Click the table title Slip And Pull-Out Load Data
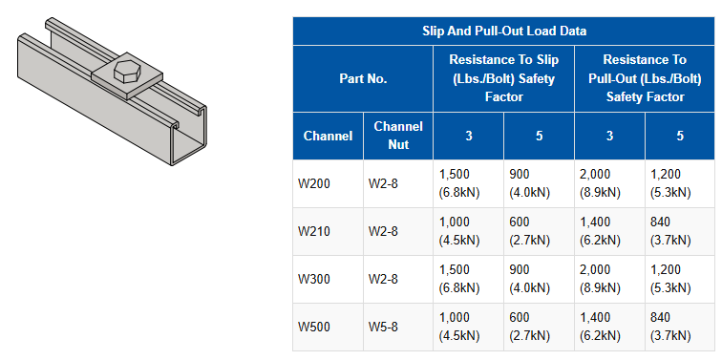[x=504, y=32]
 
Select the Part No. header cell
[x=363, y=78]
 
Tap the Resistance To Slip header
[x=503, y=78]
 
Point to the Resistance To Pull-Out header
[x=645, y=78]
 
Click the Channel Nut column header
[x=398, y=136]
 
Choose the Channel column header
[x=328, y=136]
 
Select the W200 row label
[x=314, y=183]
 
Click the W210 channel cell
[x=314, y=231]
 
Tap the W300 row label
[x=314, y=280]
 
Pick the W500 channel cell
[x=314, y=328]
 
